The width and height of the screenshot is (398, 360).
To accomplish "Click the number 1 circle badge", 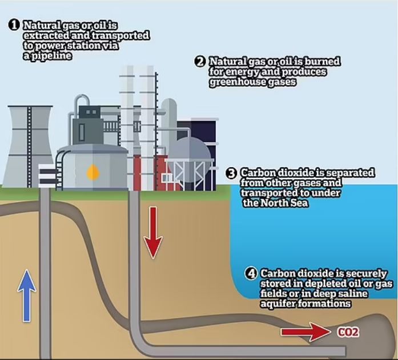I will (x=14, y=25).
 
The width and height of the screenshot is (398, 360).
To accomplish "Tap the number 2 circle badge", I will (x=200, y=62).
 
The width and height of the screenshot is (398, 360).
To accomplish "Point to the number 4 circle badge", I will (x=251, y=273).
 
